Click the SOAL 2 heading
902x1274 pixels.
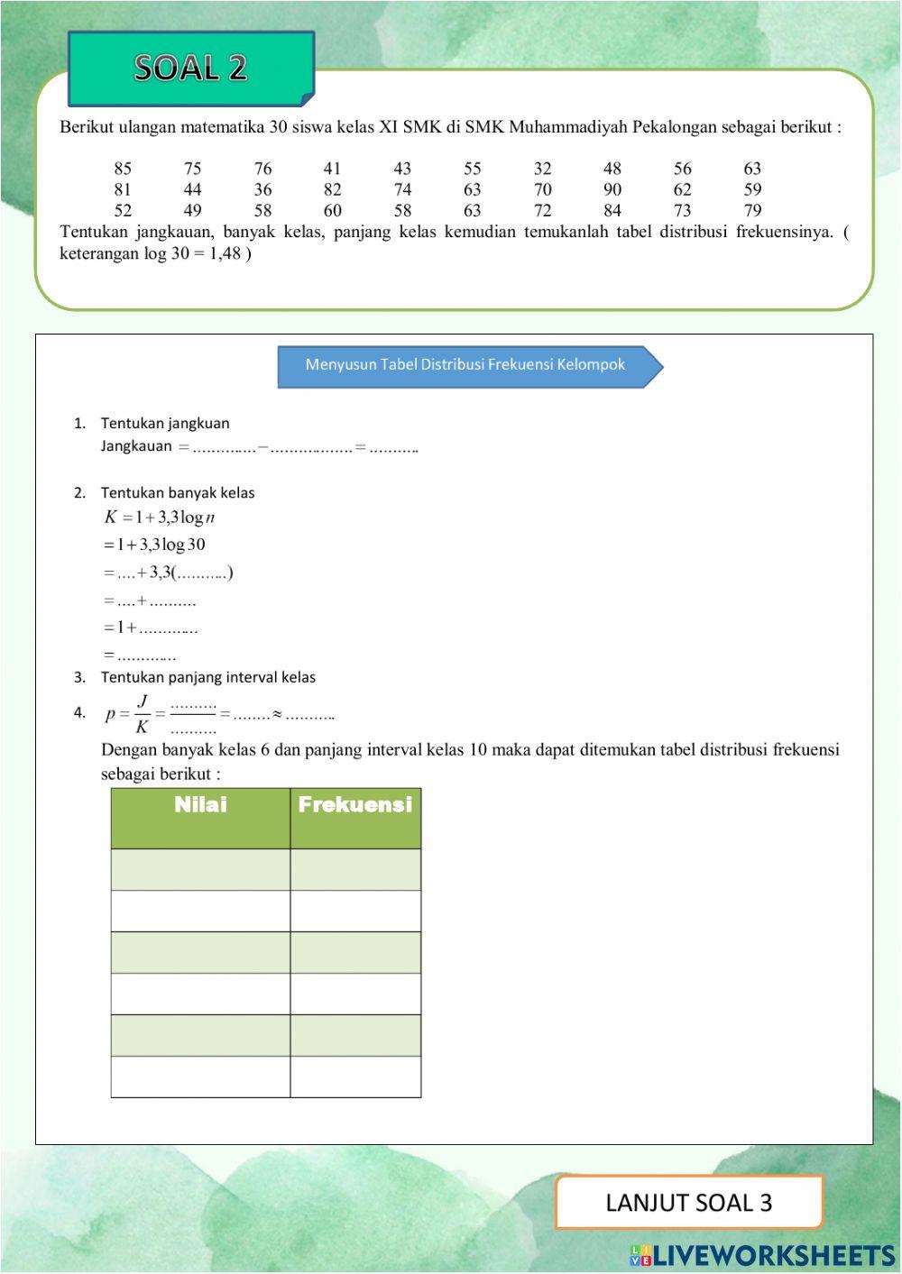[190, 68]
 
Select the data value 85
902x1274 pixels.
[123, 169]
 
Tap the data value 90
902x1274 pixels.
[612, 189]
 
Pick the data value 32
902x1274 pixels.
[542, 169]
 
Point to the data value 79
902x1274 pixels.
[752, 211]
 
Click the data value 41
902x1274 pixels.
[332, 169]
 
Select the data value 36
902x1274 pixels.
[262, 189]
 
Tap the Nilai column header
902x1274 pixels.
[200, 805]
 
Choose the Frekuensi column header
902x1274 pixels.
[355, 805]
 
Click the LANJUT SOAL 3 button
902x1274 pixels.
[688, 1203]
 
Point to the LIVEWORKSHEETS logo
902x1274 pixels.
[762, 1255]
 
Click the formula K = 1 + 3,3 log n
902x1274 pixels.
[160, 518]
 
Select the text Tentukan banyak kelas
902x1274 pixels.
[177, 493]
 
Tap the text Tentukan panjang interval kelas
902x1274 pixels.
[207, 677]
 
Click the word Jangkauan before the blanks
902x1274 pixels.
[135, 446]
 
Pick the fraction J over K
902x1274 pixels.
[142, 714]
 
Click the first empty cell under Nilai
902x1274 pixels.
[200, 870]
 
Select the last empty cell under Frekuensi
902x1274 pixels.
[355, 1077]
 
